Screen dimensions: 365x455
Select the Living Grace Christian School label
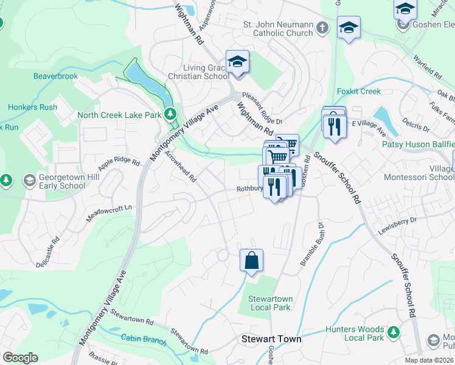click(x=207, y=72)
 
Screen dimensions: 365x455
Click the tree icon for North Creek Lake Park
click(x=172, y=114)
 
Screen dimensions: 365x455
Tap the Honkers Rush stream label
click(x=32, y=107)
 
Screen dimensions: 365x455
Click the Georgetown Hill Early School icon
click(x=29, y=180)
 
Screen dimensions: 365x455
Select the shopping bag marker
click(x=251, y=261)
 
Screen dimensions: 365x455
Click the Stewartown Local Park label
click(x=270, y=303)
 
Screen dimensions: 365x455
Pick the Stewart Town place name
click(x=271, y=339)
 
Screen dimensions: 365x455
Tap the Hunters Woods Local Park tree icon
click(x=394, y=333)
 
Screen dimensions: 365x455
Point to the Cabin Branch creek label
click(x=144, y=339)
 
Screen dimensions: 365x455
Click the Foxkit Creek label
click(x=358, y=91)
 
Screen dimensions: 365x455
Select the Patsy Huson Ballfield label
click(x=417, y=144)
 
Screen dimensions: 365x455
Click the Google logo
click(x=20, y=358)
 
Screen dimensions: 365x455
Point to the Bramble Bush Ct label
click(x=310, y=244)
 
